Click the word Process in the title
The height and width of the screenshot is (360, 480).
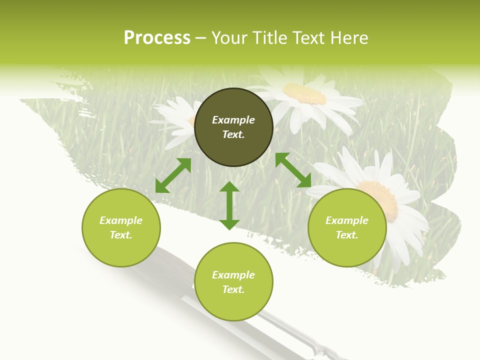[x=157, y=38]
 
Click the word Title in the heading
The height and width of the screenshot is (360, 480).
[x=270, y=38]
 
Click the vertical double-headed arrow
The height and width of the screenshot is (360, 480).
[x=229, y=205]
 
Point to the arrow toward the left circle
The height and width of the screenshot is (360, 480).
[x=173, y=175]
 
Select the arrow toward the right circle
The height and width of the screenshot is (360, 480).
[x=293, y=170]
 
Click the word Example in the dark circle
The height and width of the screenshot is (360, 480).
[x=233, y=120]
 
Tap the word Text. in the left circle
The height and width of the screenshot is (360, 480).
[x=121, y=235]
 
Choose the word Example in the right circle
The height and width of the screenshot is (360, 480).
[x=347, y=220]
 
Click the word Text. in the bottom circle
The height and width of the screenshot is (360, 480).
[x=233, y=289]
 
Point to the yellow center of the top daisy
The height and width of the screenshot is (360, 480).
[x=304, y=93]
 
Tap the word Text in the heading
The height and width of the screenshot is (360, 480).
[x=308, y=38]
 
